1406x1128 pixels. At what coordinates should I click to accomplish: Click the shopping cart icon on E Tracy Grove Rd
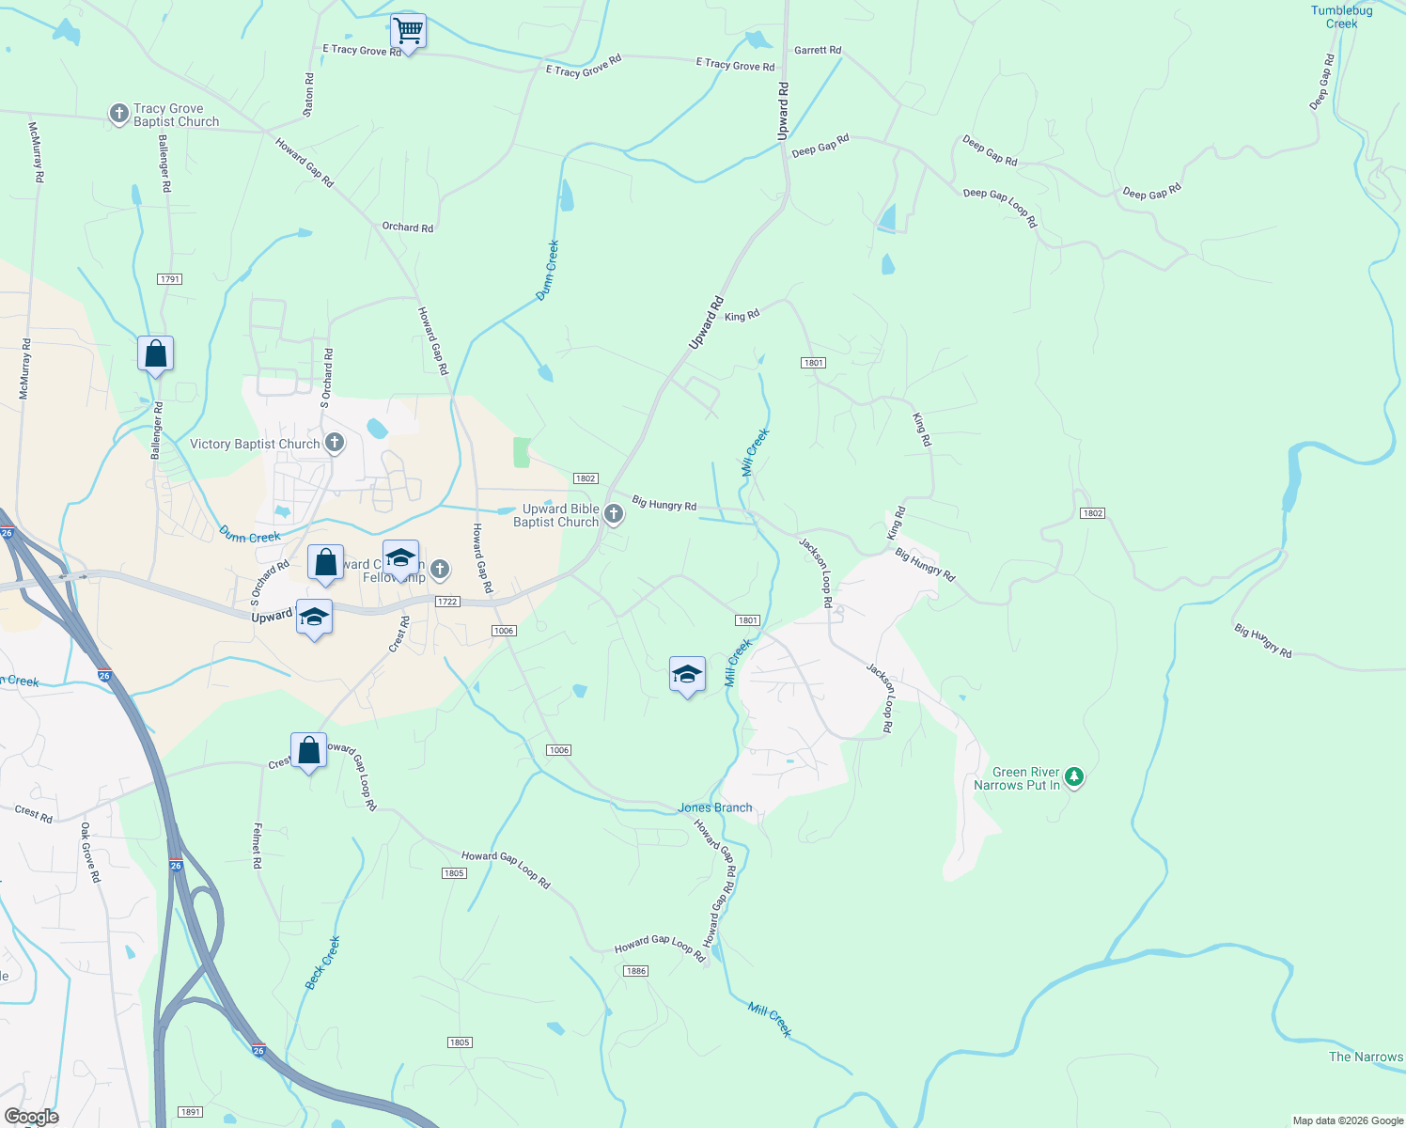click(x=408, y=31)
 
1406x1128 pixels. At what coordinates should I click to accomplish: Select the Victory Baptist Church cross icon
click(x=334, y=443)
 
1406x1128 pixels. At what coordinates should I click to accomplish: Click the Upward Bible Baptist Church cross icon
click(x=614, y=513)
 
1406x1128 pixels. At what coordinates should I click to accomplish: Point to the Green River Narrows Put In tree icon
click(x=1074, y=777)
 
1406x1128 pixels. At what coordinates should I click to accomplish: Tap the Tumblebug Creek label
click(x=1341, y=17)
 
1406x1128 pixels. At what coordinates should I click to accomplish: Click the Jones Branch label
click(x=715, y=807)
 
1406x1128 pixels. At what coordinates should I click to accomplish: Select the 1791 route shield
click(x=170, y=279)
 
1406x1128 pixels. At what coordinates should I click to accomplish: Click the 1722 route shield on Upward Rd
click(x=447, y=602)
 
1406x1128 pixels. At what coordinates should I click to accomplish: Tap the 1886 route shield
click(x=636, y=971)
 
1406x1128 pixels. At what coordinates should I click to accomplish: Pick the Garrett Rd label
click(x=818, y=50)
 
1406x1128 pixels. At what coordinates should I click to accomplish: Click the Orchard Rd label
click(x=408, y=227)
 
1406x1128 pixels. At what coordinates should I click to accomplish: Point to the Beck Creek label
click(x=322, y=963)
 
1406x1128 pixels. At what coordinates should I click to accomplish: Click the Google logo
click(x=32, y=1117)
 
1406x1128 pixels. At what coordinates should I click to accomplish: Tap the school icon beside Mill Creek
click(x=687, y=674)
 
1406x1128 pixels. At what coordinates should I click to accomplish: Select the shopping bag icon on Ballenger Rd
click(x=155, y=354)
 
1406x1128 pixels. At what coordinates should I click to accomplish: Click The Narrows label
click(x=1366, y=1057)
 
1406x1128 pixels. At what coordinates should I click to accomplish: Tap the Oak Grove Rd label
click(x=90, y=852)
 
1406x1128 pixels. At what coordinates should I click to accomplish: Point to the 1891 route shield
click(x=191, y=1112)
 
